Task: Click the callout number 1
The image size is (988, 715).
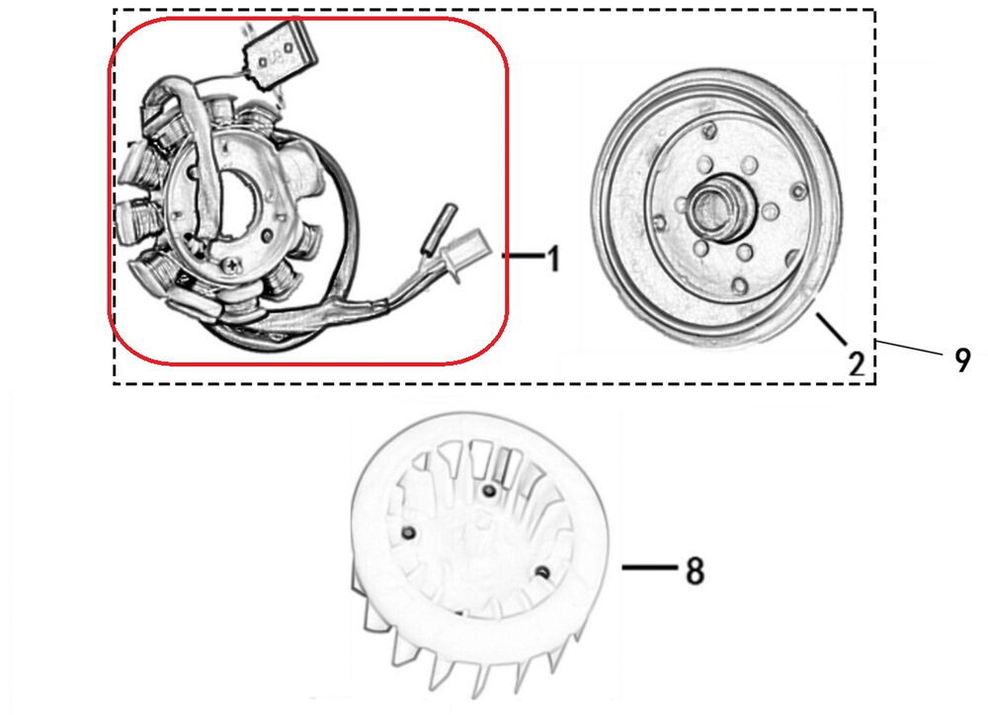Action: [x=552, y=259]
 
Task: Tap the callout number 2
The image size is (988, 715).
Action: [x=856, y=364]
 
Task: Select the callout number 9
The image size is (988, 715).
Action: [x=962, y=361]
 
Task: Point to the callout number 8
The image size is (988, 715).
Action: [x=695, y=572]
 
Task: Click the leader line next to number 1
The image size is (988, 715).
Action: [x=523, y=256]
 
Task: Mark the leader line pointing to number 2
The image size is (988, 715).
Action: [x=832, y=328]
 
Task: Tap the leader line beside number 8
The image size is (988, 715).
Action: [x=649, y=568]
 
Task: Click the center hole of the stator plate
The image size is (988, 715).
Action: [x=237, y=202]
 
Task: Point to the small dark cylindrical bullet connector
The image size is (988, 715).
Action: [x=436, y=227]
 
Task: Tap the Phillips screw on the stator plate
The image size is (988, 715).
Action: [x=233, y=267]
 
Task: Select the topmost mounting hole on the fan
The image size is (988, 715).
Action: [x=488, y=491]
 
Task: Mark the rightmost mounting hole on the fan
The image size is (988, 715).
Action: [x=541, y=573]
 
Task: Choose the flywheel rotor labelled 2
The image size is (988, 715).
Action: [x=716, y=208]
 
